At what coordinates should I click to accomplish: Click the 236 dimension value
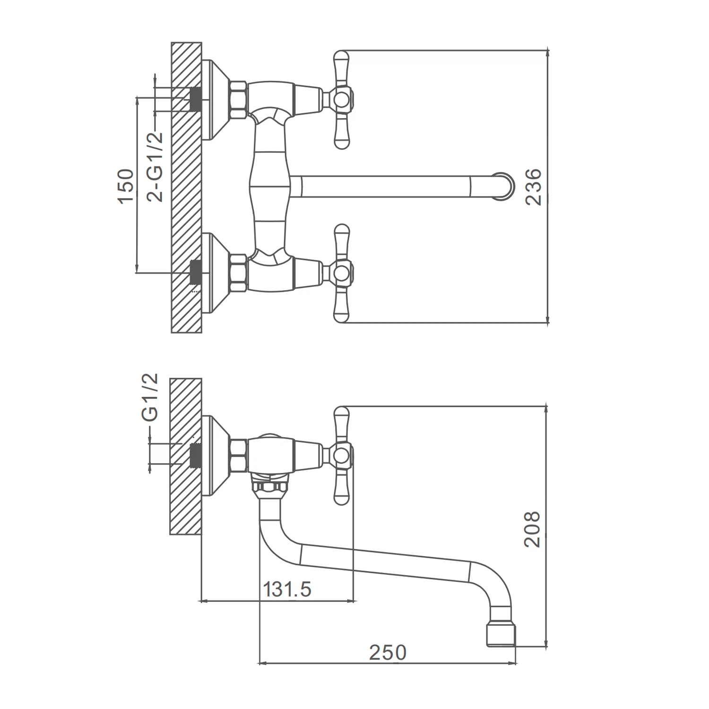tap(533, 187)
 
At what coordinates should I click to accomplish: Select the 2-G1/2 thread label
tap(155, 167)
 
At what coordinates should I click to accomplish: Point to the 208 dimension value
tap(532, 529)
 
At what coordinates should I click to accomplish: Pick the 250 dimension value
tap(388, 652)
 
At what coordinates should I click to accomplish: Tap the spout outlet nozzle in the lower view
tap(501, 636)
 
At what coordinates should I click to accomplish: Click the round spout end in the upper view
tap(502, 186)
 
